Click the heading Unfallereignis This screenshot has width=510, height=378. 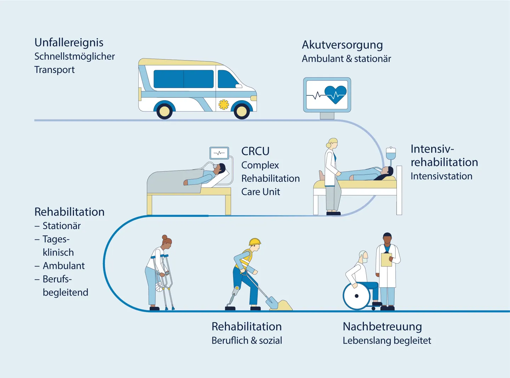[69, 43]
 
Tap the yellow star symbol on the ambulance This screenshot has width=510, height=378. [223, 105]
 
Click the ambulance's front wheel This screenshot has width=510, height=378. [242, 111]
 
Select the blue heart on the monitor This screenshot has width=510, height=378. [335, 94]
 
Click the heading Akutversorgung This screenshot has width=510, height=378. [342, 45]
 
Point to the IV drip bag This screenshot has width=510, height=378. [391, 154]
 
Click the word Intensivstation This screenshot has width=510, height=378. [441, 176]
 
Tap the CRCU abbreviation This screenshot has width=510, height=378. [255, 151]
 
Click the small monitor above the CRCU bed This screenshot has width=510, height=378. [219, 153]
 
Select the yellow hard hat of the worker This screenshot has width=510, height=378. [255, 242]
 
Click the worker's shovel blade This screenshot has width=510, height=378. [272, 303]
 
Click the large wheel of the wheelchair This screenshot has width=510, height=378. [357, 296]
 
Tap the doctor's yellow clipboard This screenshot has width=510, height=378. [386, 259]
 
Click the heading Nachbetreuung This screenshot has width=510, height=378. [382, 326]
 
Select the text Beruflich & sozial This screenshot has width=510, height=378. [246, 340]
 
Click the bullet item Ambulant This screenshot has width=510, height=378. [63, 266]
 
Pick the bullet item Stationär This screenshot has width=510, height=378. [61, 226]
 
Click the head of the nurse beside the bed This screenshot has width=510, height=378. [333, 143]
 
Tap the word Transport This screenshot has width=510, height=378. [55, 70]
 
